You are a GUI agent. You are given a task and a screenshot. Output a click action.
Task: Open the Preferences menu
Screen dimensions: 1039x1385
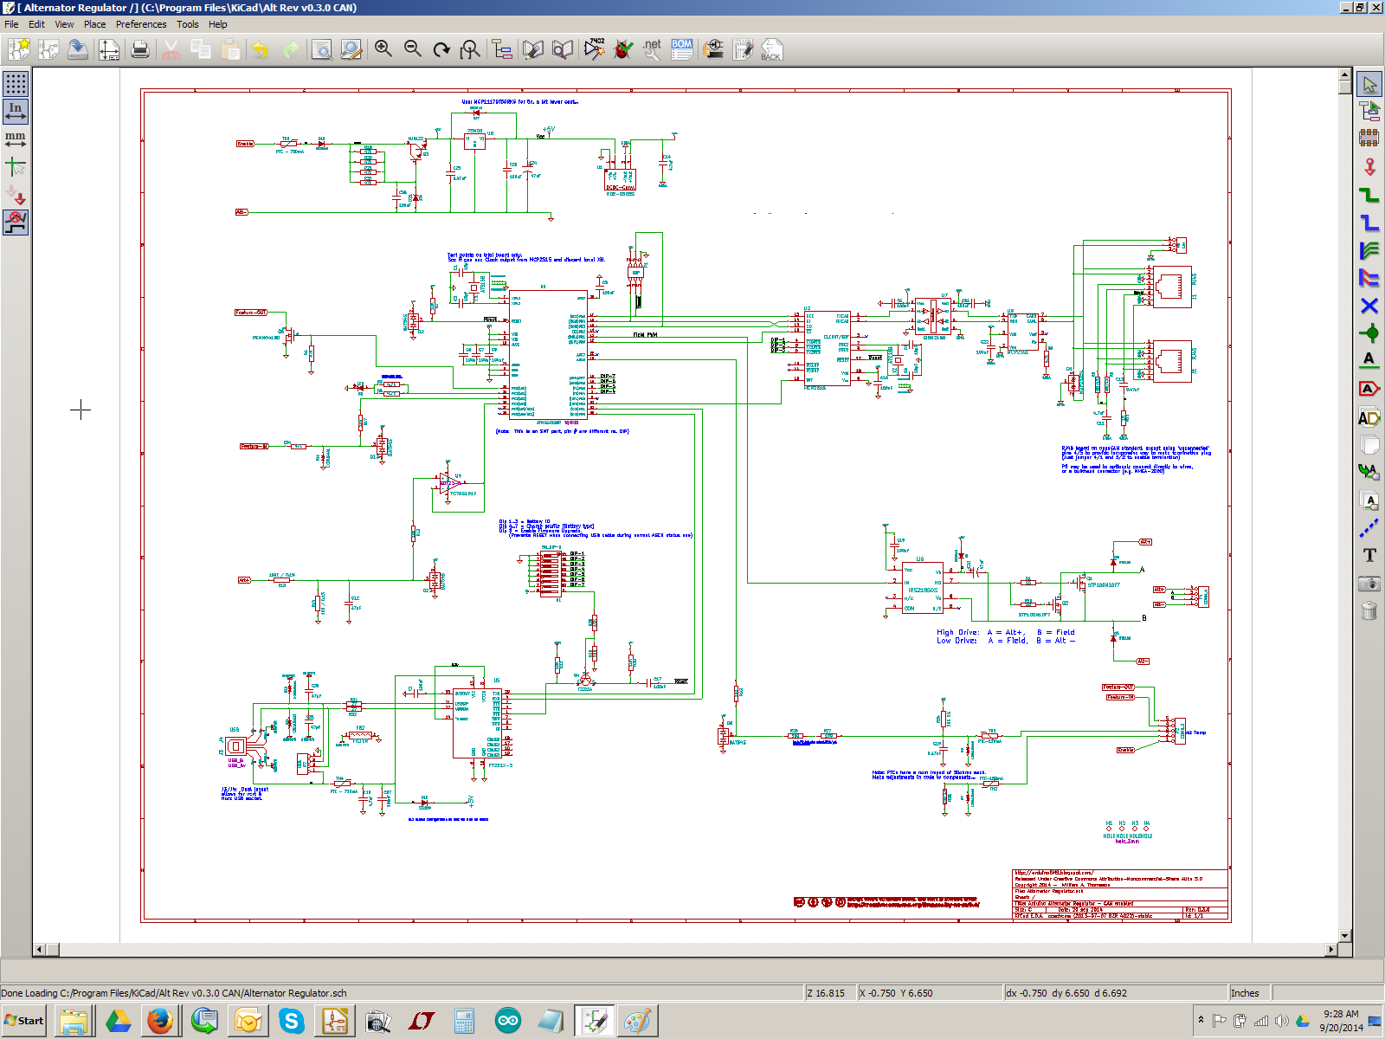[141, 24]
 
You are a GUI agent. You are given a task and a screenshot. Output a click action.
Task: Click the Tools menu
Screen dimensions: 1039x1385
[188, 24]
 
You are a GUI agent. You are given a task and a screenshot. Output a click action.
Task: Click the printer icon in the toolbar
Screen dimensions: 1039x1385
[140, 50]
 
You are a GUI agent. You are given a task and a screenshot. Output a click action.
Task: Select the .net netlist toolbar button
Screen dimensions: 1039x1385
[652, 49]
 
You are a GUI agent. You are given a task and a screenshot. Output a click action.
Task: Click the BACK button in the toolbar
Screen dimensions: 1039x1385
[770, 50]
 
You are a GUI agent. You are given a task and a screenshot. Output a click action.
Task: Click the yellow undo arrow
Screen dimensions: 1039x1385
[260, 50]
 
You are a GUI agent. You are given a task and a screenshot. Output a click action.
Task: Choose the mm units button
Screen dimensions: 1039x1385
[16, 138]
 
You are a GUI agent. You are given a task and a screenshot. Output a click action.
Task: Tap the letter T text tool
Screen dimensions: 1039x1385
[1369, 555]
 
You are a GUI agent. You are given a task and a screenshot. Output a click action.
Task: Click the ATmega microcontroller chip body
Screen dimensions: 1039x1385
[548, 355]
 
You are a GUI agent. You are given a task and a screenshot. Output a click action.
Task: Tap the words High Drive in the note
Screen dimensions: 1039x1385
[957, 633]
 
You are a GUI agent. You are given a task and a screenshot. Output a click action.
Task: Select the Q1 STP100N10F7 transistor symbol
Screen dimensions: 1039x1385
[1082, 582]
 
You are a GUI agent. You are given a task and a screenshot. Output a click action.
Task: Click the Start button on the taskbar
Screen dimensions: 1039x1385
[24, 1021]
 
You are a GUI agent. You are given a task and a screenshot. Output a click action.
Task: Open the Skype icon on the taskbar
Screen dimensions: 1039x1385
[292, 1022]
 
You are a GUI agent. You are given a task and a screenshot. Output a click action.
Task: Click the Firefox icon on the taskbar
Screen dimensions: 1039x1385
[160, 1022]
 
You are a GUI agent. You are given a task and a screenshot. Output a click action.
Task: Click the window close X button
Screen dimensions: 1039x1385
[1375, 7]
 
